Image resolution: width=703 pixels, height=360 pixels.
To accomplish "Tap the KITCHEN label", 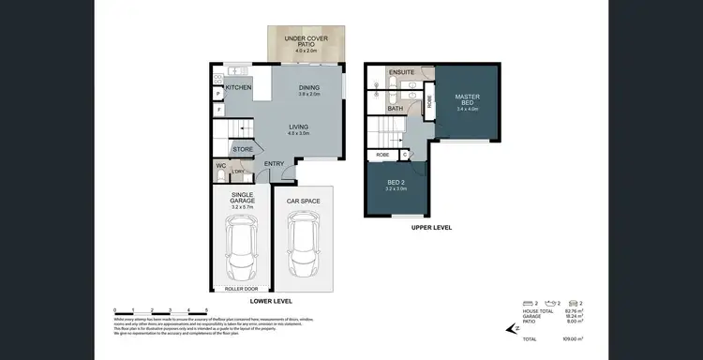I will pyautogui.click(x=238, y=87).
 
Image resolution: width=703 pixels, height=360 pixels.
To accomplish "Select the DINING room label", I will pyautogui.click(x=308, y=88).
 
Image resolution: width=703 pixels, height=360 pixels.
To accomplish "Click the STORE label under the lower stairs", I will pyautogui.click(x=243, y=149).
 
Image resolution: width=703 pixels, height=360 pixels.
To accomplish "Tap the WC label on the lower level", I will pyautogui.click(x=222, y=166).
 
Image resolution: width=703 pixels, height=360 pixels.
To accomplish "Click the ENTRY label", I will pyautogui.click(x=274, y=164).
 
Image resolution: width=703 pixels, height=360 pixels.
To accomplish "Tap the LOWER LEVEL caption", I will pyautogui.click(x=272, y=301).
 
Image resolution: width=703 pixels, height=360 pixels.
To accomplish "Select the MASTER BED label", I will pyautogui.click(x=467, y=99).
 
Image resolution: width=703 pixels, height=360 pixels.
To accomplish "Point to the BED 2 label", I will pyautogui.click(x=396, y=183).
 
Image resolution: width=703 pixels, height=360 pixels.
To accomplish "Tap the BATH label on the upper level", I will pyautogui.click(x=396, y=108).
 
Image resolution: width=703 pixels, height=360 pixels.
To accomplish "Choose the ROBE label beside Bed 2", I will pyautogui.click(x=382, y=154).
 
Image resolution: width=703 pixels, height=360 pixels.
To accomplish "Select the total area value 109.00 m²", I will pyautogui.click(x=573, y=338).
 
